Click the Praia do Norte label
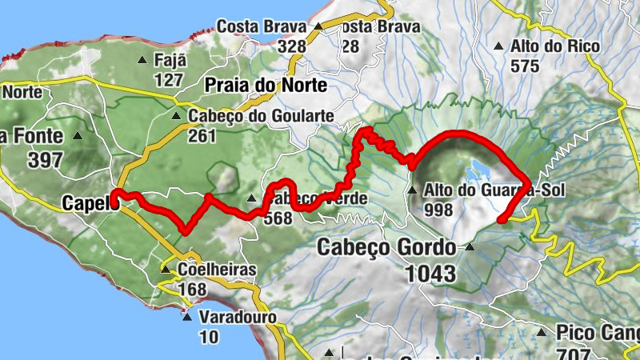tap(266, 86)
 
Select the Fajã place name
tap(170, 60)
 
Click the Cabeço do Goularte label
tap(261, 117)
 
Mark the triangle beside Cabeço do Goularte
tap(177, 116)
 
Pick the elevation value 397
tap(46, 159)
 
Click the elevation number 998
tap(439, 210)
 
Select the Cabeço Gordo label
tap(386, 247)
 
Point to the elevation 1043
tap(430, 274)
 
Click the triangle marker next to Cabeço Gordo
tap(470, 246)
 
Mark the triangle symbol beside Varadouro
tap(187, 317)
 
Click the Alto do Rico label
tap(554, 46)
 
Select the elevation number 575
tap(525, 66)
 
